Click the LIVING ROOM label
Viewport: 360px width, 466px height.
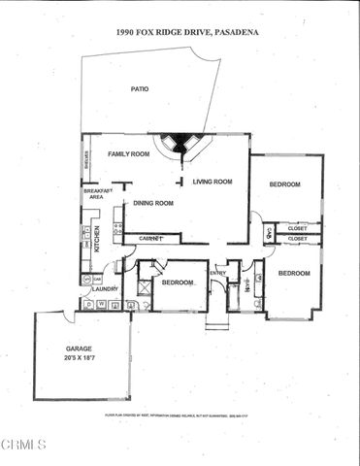[213, 182]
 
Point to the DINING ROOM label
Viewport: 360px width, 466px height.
[152, 203]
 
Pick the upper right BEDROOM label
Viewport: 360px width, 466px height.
[284, 184]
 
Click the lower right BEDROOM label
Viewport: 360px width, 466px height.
[294, 274]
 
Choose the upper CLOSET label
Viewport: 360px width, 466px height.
[298, 229]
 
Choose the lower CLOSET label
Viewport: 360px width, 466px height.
[298, 239]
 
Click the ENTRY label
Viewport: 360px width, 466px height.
[217, 273]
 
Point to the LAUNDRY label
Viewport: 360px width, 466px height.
[105, 289]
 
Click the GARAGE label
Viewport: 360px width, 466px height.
[80, 348]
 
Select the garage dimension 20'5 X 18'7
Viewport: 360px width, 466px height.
[81, 358]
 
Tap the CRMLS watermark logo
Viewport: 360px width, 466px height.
[23, 446]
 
